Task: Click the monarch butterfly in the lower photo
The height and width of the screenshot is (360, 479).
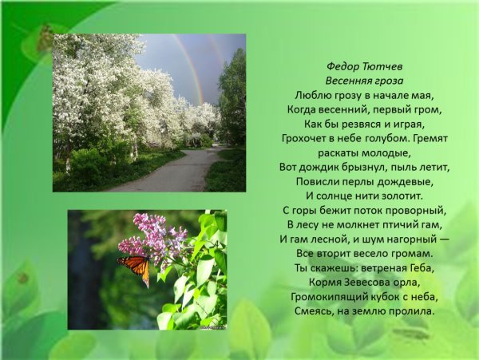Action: coord(135,269)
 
